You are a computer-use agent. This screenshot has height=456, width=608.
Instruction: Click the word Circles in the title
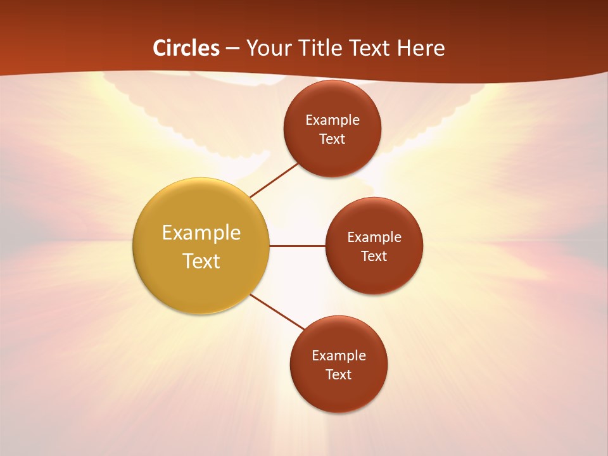click(x=186, y=48)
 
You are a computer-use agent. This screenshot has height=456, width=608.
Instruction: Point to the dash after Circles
click(x=232, y=49)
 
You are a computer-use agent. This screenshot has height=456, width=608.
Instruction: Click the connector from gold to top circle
click(x=275, y=180)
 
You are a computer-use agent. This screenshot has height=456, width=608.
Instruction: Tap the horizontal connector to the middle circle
click(x=297, y=246)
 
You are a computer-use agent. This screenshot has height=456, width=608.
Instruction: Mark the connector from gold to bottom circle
click(x=277, y=312)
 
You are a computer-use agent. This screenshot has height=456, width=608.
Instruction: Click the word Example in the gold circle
click(x=201, y=233)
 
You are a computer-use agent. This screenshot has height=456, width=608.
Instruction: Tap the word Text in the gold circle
click(x=201, y=261)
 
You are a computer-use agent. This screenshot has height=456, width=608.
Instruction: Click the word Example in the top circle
click(x=332, y=120)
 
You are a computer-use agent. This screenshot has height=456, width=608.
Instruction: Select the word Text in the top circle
click(x=332, y=139)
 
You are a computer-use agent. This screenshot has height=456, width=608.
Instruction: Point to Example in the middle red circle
click(x=374, y=237)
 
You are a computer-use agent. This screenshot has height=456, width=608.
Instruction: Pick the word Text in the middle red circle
click(x=374, y=256)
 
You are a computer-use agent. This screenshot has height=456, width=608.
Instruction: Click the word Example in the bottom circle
click(x=339, y=356)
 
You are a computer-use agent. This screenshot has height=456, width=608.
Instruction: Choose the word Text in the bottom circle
click(x=338, y=375)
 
